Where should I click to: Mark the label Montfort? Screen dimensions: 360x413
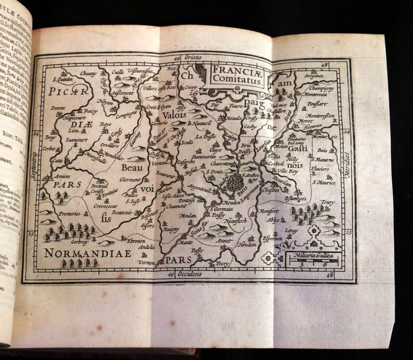270,211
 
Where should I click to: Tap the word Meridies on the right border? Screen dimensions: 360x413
346,164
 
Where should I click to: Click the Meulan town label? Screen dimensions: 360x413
188,215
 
